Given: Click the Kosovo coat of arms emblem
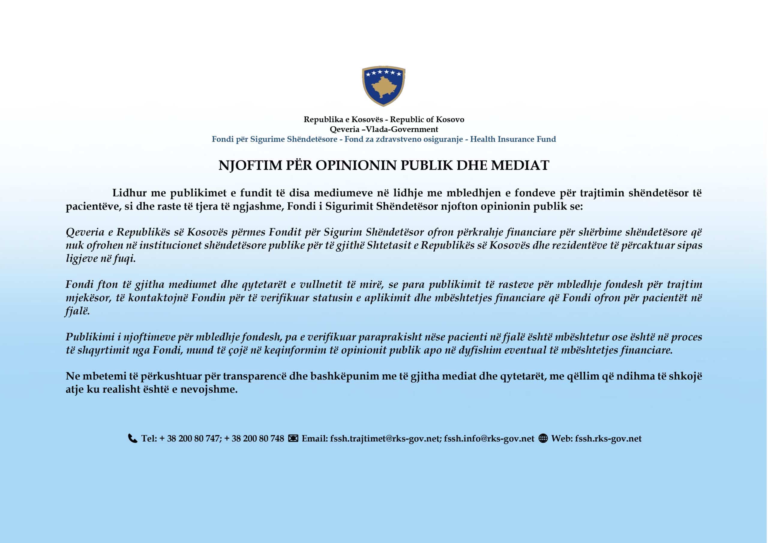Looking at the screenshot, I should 383,85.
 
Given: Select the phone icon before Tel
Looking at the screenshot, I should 133,438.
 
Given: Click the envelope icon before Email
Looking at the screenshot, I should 293,438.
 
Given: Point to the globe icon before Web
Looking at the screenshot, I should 543,438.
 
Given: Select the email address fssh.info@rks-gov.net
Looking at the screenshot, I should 489,439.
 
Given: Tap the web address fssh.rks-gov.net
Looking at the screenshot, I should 608,439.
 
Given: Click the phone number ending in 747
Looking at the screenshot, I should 189,439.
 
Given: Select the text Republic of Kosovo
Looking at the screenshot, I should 427,119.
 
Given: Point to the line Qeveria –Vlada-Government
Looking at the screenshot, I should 384,129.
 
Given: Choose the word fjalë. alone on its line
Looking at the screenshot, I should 78,311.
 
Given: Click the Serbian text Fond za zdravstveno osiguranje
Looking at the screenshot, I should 403,139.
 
